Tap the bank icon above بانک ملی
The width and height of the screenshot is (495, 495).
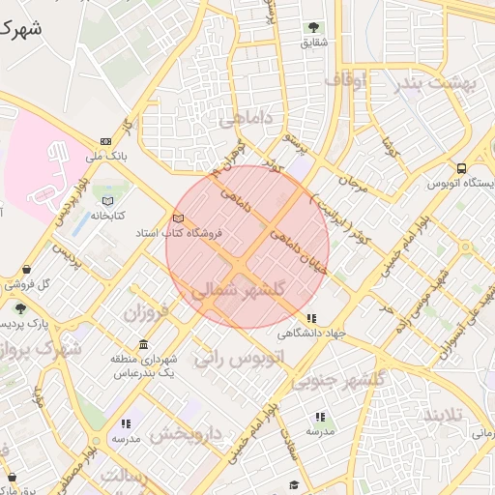point(105,141)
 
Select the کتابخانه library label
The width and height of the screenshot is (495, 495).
point(109,215)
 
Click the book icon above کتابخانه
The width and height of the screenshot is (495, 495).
point(106,201)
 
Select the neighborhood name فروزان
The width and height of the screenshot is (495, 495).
point(146,312)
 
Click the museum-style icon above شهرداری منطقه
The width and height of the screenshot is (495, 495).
point(143,345)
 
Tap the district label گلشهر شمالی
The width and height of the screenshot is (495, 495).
point(238,290)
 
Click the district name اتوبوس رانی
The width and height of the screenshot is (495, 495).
point(241,357)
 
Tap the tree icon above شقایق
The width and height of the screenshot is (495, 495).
point(313,28)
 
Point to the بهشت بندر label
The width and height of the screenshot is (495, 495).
point(437,83)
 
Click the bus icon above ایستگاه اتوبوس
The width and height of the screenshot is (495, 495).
point(461,167)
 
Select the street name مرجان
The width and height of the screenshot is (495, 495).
point(353,184)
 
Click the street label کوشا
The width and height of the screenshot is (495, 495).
point(389,148)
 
